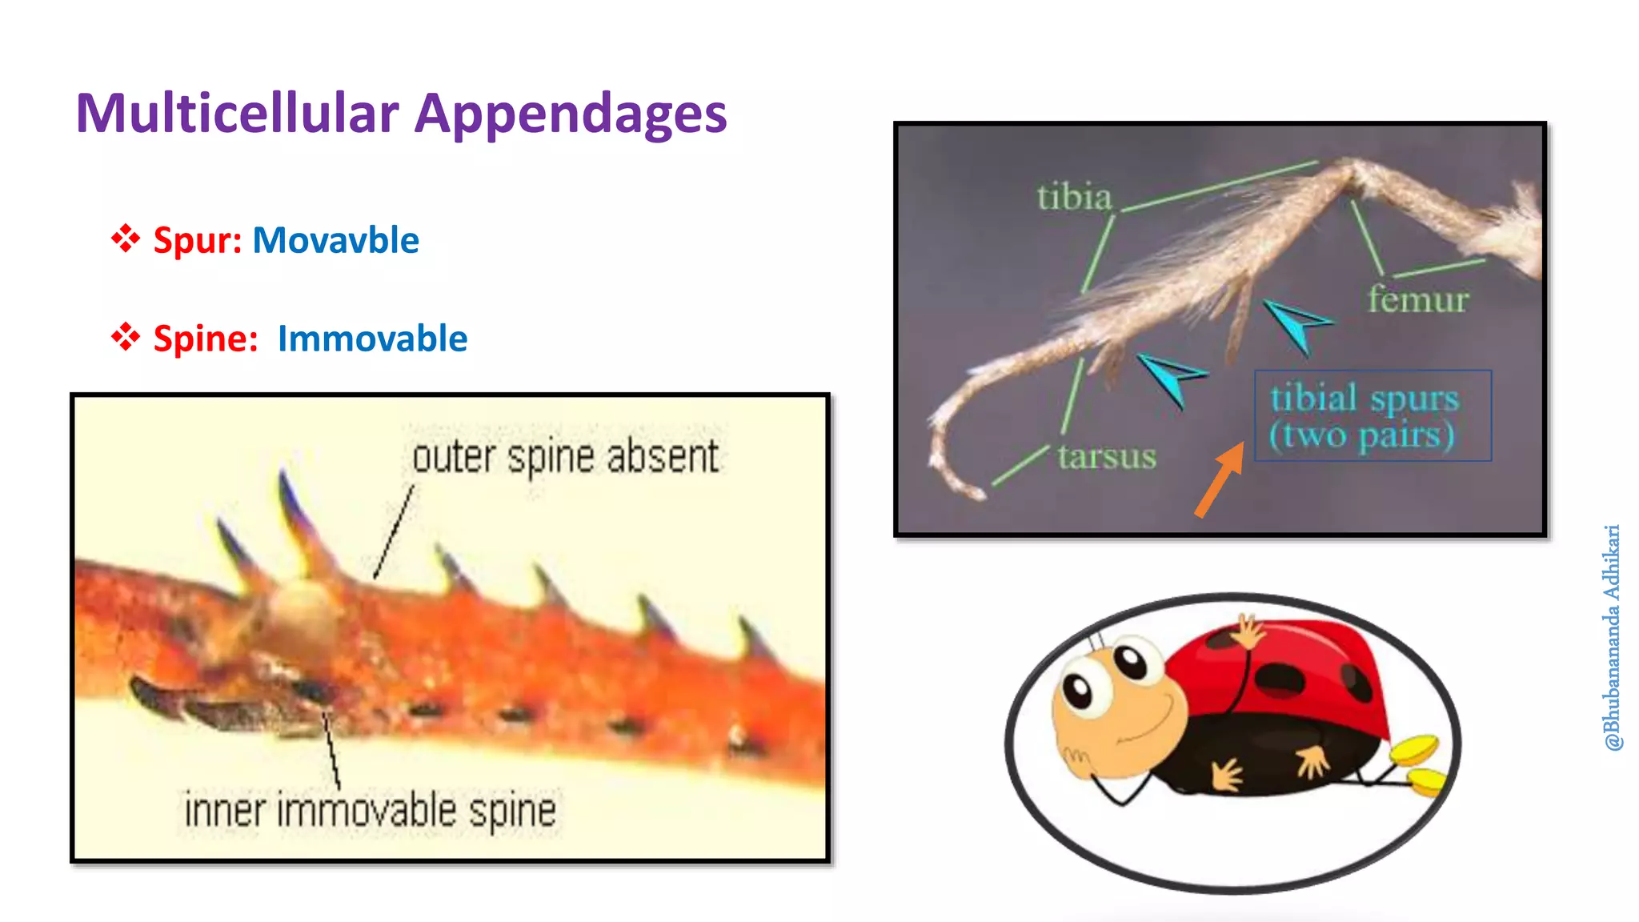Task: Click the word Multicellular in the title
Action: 237,113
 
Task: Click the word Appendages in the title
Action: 570,114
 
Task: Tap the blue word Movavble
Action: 335,240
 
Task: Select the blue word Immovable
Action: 372,339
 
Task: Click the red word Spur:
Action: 198,240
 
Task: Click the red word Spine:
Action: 206,339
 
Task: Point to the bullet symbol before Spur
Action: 126,239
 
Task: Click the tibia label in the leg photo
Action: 1074,197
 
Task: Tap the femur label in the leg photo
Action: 1417,299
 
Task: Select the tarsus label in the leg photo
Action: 1106,456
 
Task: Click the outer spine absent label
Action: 565,457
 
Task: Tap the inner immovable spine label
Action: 370,810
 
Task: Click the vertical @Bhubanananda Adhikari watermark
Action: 1612,637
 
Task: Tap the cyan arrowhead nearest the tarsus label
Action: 1170,376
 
